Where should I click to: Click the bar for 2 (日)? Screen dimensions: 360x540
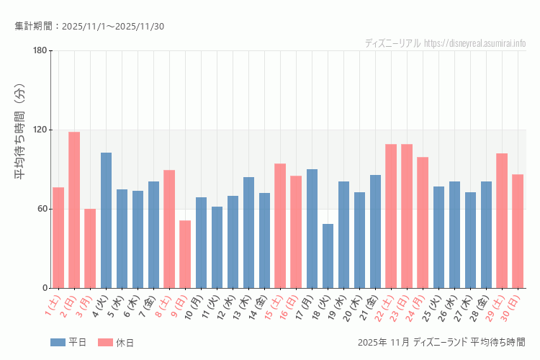coord(74,210)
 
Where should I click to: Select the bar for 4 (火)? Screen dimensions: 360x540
coord(106,220)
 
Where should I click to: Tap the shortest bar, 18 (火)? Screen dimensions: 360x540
coord(328,256)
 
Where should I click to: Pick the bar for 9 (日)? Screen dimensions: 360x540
coord(185,254)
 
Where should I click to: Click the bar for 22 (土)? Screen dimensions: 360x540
coord(391,216)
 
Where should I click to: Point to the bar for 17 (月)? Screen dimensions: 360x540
coord(312,228)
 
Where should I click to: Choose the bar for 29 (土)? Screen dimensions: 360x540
coord(502,220)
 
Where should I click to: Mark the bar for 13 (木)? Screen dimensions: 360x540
coord(248,233)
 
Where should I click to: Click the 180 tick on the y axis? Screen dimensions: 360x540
coord(40,50)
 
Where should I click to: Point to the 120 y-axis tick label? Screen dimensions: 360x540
coord(40,130)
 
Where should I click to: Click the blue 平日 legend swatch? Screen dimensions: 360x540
coord(58,342)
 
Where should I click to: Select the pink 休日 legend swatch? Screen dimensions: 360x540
coord(105,342)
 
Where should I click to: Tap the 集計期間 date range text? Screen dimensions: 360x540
coord(89,27)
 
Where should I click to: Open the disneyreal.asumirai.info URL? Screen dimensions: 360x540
coord(475,43)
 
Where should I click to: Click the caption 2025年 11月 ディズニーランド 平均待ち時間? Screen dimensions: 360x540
coord(441,342)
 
